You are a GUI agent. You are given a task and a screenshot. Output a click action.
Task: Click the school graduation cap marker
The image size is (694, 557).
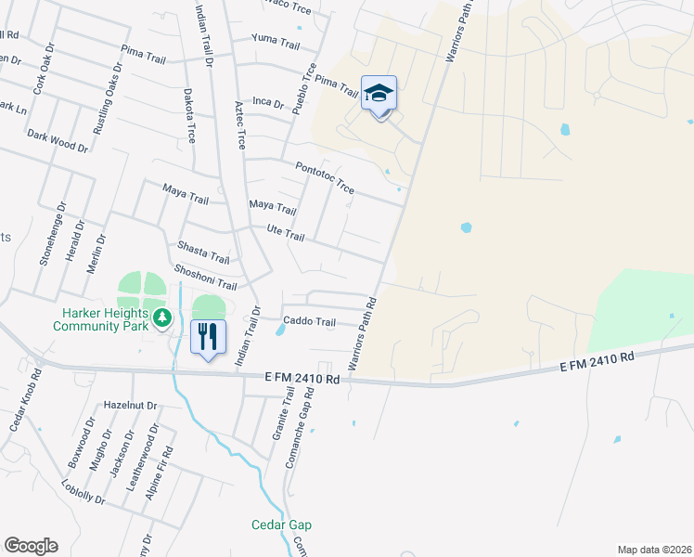tap(379, 94)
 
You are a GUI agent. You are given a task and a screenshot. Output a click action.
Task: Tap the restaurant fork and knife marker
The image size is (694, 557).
tap(208, 335)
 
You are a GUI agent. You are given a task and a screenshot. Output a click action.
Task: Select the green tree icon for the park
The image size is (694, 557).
tap(163, 318)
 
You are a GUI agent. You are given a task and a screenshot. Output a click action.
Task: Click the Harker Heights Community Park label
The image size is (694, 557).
tap(101, 320)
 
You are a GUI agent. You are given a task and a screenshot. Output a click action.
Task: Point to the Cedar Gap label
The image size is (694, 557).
tap(281, 525)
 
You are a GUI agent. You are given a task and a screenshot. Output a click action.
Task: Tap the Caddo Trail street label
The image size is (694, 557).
tap(309, 322)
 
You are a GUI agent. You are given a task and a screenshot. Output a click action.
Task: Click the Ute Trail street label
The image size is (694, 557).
tap(286, 237)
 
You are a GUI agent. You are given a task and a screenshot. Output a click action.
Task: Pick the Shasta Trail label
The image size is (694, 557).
tap(202, 252)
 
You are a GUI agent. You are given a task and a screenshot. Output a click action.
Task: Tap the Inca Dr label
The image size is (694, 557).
tap(267, 102)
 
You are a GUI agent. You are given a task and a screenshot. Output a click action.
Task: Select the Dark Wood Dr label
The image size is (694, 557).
tap(58, 141)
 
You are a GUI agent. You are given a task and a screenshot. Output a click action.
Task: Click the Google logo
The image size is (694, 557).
tap(31, 546)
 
